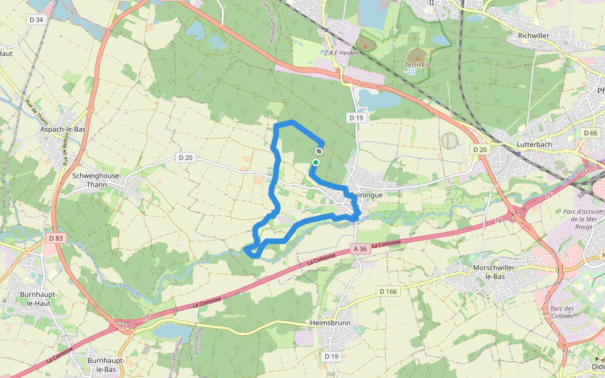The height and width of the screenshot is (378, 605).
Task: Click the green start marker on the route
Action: click(x=315, y=163)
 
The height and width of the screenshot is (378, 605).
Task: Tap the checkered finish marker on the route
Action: click(x=320, y=151)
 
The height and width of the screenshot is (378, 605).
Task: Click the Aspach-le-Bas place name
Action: click(x=62, y=129)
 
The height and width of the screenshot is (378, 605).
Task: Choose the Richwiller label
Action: click(x=533, y=36)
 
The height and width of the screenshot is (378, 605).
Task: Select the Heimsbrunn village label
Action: click(x=330, y=323)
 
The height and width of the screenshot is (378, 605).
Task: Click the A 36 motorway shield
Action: click(x=360, y=249)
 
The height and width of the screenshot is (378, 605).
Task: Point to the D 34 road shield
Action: click(x=37, y=20)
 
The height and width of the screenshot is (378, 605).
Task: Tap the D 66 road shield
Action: click(x=590, y=133)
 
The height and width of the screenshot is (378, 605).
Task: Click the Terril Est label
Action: click(x=417, y=64)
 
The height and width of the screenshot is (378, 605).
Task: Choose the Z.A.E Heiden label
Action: click(x=342, y=53)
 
